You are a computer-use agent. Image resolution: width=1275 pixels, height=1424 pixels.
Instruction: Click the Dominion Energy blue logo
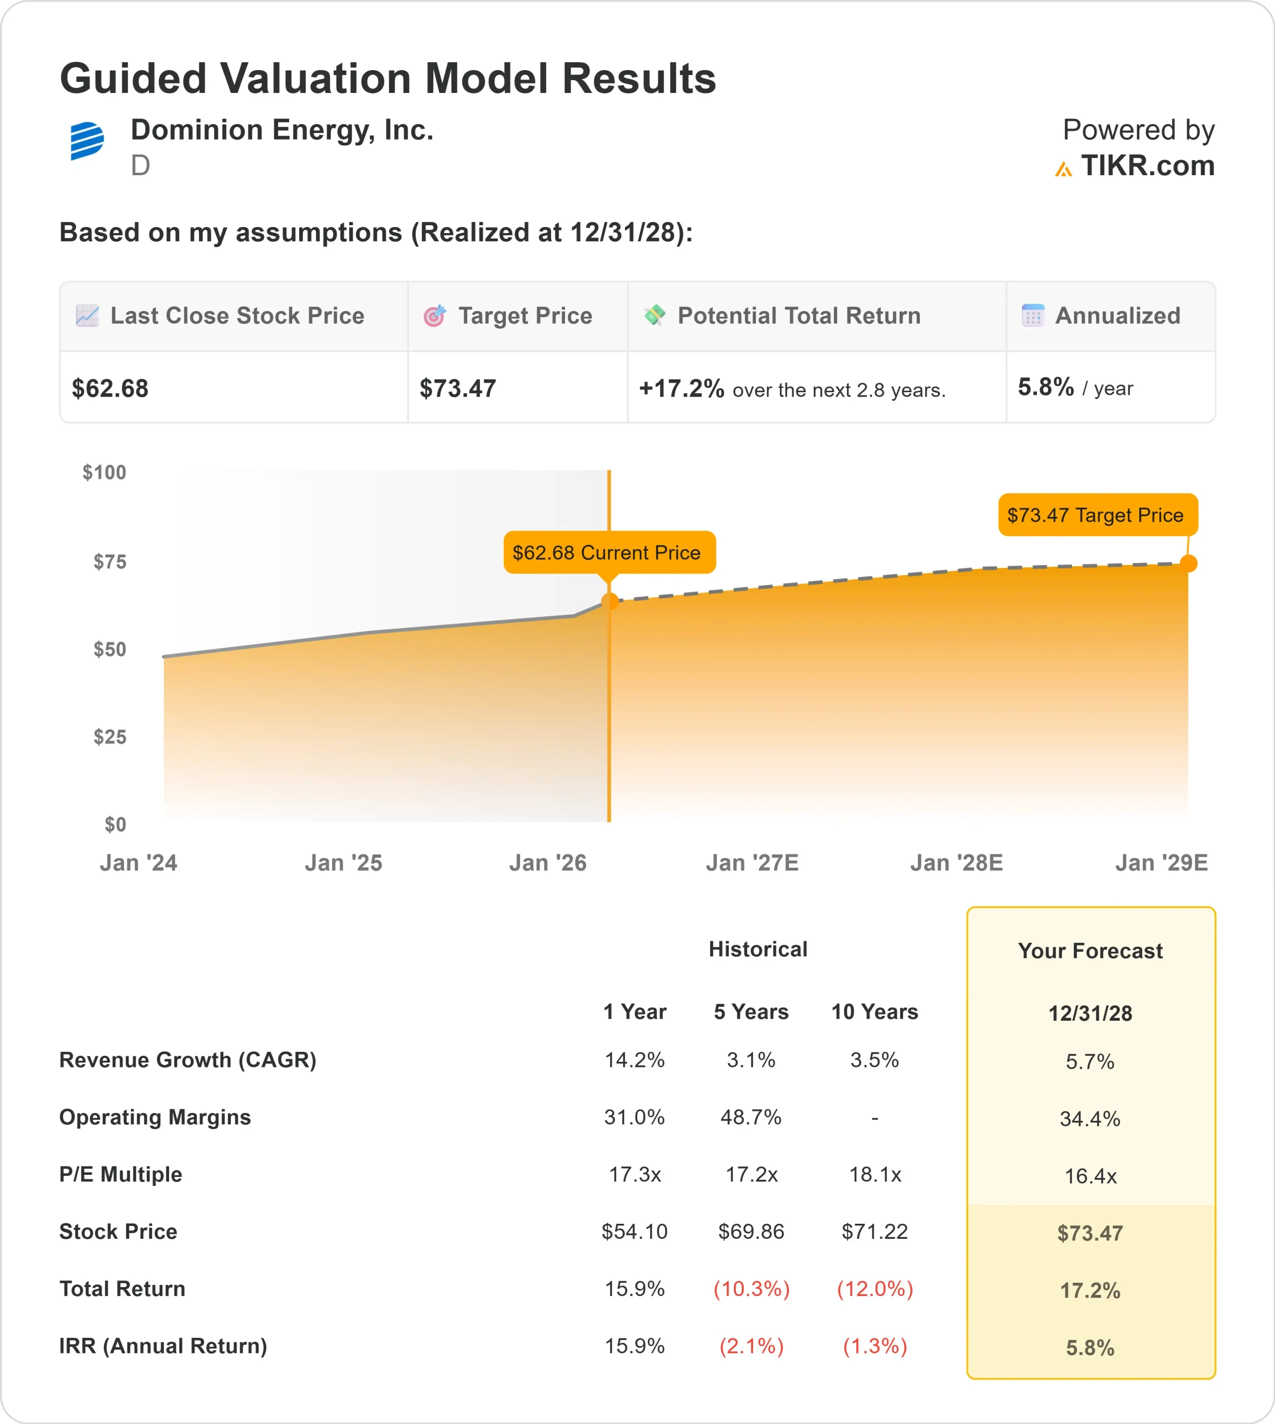pyautogui.click(x=87, y=140)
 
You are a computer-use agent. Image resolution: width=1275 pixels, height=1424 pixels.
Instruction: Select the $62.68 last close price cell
pyautogui.click(x=110, y=388)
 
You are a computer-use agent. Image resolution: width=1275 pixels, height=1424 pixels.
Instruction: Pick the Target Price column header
pyautogui.click(x=525, y=316)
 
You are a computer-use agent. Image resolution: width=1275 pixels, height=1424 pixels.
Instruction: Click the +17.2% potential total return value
pyautogui.click(x=681, y=388)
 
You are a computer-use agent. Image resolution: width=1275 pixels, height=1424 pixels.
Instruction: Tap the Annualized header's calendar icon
pyautogui.click(x=1033, y=315)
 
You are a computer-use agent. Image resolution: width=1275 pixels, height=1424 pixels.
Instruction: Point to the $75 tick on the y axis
pyautogui.click(x=110, y=561)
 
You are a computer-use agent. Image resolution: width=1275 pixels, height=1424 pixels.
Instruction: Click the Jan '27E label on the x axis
pyautogui.click(x=752, y=863)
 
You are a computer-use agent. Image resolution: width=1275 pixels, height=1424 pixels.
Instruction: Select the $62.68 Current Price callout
pyautogui.click(x=609, y=552)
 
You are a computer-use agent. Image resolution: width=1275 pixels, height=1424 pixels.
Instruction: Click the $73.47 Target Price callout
pyautogui.click(x=1097, y=515)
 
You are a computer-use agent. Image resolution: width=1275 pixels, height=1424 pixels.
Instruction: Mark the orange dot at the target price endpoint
pyautogui.click(x=1188, y=563)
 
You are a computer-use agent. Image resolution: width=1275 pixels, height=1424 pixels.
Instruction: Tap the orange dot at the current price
pyautogui.click(x=609, y=601)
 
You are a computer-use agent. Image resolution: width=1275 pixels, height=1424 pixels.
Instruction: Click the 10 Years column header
pyautogui.click(x=874, y=1011)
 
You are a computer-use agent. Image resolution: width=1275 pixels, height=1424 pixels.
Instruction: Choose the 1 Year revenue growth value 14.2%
pyautogui.click(x=634, y=1060)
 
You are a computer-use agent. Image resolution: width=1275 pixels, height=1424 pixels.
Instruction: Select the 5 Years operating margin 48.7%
pyautogui.click(x=751, y=1117)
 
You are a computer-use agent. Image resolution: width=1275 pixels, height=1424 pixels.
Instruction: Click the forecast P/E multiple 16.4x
pyautogui.click(x=1090, y=1176)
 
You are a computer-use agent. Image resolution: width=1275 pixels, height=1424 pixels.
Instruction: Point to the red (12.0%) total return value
pyautogui.click(x=875, y=1289)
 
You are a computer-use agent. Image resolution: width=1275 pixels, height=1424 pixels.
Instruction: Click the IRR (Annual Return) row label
pyautogui.click(x=163, y=1346)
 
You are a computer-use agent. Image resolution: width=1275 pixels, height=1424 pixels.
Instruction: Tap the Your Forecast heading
pyautogui.click(x=1090, y=951)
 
